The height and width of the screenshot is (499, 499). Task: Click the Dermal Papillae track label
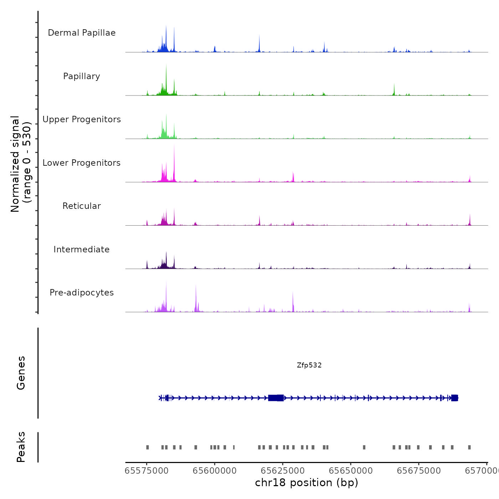(x=82, y=33)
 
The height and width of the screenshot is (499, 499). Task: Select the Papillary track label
(x=82, y=76)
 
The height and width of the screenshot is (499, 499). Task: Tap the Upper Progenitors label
(x=82, y=119)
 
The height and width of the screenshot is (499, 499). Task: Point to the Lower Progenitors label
(x=82, y=163)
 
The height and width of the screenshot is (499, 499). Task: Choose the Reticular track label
(x=82, y=206)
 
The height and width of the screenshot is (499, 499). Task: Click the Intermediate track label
(x=82, y=249)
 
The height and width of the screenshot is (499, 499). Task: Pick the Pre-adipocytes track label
(x=82, y=293)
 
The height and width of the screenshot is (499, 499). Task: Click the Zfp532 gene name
(x=309, y=365)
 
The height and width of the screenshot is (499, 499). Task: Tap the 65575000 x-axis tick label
(x=146, y=471)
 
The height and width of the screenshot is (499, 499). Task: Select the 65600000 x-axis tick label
(x=215, y=471)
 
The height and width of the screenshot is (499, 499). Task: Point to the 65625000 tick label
(x=283, y=471)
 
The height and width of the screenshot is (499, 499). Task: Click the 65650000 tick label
(x=351, y=471)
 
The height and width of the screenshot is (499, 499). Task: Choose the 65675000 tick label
(x=419, y=471)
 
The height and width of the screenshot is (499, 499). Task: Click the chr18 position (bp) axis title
(x=307, y=483)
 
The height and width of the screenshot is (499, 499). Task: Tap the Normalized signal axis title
(x=21, y=164)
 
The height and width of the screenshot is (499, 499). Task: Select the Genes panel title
(x=21, y=373)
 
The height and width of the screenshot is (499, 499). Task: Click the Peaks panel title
(x=21, y=447)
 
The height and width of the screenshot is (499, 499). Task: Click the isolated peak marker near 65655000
(x=364, y=447)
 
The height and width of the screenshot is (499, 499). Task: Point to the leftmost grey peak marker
(x=148, y=447)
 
